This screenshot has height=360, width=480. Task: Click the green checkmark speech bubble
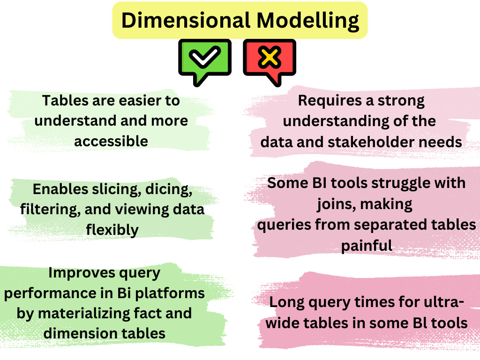[x=205, y=60]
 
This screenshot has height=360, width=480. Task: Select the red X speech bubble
[x=270, y=60]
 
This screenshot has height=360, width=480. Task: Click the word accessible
[x=111, y=141]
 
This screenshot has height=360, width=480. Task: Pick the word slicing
[x=109, y=189]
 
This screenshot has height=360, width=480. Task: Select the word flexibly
[x=112, y=229]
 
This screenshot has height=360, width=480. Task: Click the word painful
[x=366, y=245]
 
